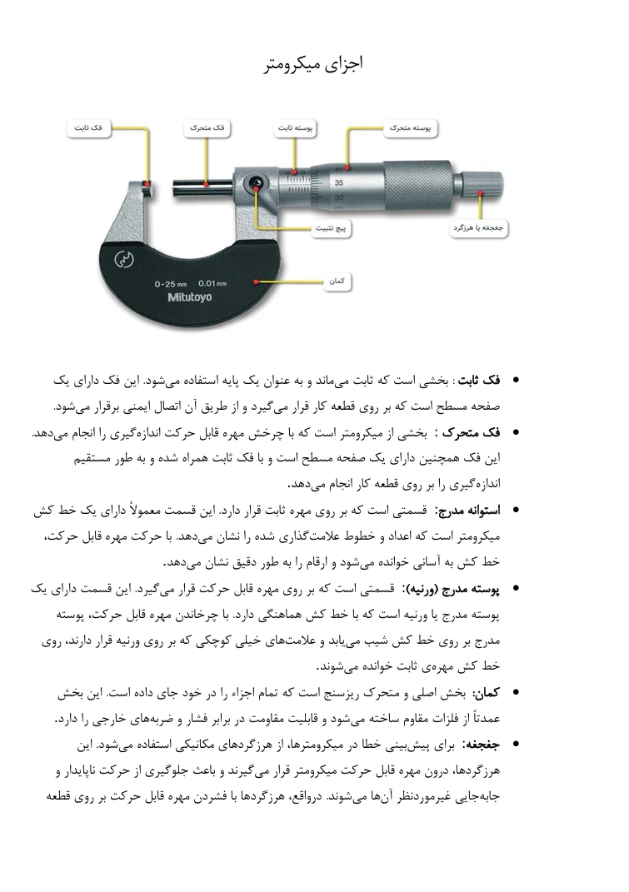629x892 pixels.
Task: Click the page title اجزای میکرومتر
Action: point(313,63)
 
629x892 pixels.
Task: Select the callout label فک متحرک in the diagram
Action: point(207,128)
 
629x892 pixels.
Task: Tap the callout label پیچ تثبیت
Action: point(332,227)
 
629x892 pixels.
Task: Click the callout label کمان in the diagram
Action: point(337,282)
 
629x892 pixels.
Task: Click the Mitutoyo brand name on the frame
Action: point(190,297)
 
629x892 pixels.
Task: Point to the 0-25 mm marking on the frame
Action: point(170,284)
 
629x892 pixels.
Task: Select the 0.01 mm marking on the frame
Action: point(212,284)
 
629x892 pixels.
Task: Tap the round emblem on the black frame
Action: point(123,257)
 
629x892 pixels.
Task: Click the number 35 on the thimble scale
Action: point(338,182)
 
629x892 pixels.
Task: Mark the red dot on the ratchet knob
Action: point(481,192)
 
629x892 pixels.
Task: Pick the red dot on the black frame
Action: point(258,282)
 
